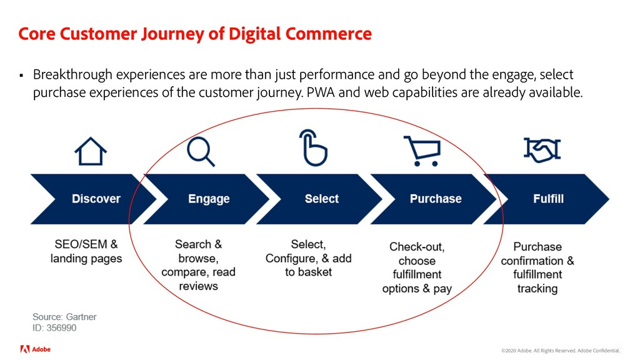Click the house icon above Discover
[91, 151]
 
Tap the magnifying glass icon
[201, 151]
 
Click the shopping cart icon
[422, 151]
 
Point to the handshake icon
[541, 149]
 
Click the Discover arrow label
[96, 199]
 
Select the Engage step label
[209, 199]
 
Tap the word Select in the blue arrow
[321, 199]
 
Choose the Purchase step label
[435, 199]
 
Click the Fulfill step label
[548, 199]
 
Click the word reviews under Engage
[198, 286]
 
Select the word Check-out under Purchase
[417, 247]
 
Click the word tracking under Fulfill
[537, 288]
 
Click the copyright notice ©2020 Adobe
[521, 351]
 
